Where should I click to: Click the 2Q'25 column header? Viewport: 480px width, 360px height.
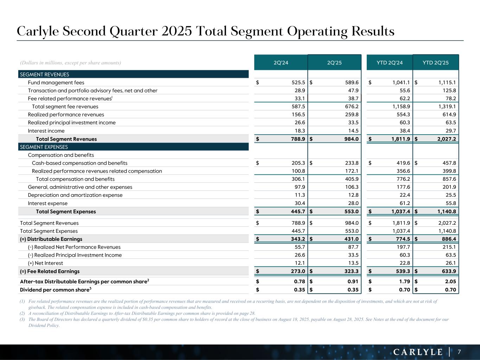[334, 63]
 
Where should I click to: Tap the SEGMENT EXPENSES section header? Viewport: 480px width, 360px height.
[44, 147]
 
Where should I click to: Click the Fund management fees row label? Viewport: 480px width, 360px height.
[56, 83]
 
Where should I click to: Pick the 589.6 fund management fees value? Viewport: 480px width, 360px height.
[352, 83]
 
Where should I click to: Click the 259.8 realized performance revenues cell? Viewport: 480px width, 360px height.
[352, 115]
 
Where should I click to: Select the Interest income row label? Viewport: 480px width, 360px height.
[46, 131]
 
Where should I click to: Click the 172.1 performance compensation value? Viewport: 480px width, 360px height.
[352, 171]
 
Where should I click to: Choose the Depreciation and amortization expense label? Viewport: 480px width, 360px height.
[75, 195]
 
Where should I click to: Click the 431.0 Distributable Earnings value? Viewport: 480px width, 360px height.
[352, 239]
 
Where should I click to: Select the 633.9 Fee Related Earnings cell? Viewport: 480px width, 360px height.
[448, 271]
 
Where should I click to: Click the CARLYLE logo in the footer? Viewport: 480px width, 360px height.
[418, 352]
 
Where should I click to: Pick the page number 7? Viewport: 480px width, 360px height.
[459, 352]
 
